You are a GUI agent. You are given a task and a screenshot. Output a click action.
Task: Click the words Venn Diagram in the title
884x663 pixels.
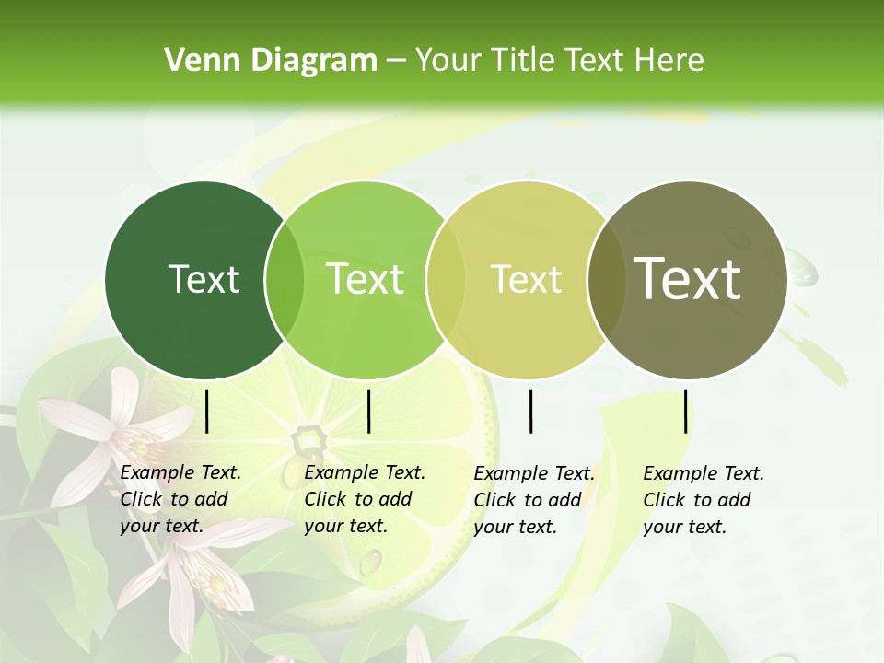click(271, 61)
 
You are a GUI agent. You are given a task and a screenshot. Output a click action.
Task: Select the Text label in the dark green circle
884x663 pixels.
click(204, 279)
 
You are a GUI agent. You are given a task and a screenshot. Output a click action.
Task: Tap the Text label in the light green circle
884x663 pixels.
click(366, 279)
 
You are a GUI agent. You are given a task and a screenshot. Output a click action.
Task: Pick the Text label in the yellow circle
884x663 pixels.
click(526, 279)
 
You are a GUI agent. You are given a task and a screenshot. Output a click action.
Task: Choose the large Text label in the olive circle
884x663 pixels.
click(688, 279)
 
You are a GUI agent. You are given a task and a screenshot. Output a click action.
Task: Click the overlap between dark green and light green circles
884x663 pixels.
click(285, 280)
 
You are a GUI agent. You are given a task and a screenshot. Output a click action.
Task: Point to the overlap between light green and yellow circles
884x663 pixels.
click(445, 280)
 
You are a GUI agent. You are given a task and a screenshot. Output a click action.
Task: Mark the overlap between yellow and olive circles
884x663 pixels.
click(604, 280)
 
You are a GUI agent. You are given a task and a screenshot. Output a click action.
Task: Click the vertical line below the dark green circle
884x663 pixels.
click(207, 412)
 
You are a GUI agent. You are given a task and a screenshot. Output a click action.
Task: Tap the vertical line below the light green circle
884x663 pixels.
click(368, 412)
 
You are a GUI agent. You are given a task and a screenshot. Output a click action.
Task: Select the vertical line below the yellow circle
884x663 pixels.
click(531, 412)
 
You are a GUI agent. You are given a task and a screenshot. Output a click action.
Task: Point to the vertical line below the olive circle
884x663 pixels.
click(686, 412)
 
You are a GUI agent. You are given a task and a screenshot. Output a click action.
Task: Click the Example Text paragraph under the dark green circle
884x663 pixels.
click(180, 499)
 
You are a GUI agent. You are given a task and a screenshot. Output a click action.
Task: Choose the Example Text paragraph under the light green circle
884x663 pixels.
click(365, 499)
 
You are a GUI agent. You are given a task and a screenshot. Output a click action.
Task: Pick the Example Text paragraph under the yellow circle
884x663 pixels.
click(534, 500)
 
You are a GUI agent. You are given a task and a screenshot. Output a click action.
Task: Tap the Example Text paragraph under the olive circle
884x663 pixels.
click(704, 500)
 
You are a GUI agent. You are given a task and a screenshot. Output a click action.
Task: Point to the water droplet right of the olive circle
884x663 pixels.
click(803, 271)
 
